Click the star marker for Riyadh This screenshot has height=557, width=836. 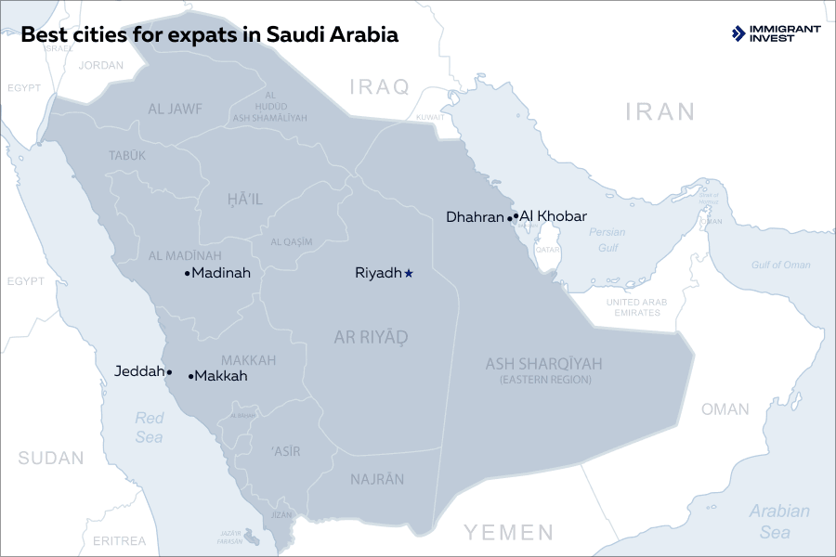409,273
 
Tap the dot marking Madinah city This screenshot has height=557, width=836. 188,273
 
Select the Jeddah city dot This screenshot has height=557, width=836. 169,371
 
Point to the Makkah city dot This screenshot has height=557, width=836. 191,377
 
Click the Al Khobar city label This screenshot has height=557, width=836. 554,216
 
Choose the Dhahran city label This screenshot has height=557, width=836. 474,217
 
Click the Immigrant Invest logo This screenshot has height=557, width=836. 777,34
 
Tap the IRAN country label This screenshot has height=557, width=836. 660,112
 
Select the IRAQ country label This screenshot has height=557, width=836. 379,87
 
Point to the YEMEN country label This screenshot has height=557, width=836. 509,532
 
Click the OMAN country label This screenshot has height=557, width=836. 725,409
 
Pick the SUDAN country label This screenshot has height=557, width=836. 51,458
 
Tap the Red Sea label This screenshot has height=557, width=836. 149,427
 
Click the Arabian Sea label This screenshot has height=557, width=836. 778,522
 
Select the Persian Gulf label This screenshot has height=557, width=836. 607,240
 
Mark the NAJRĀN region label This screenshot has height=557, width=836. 377,480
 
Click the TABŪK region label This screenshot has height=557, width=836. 127,156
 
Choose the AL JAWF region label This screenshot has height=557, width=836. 175,109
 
